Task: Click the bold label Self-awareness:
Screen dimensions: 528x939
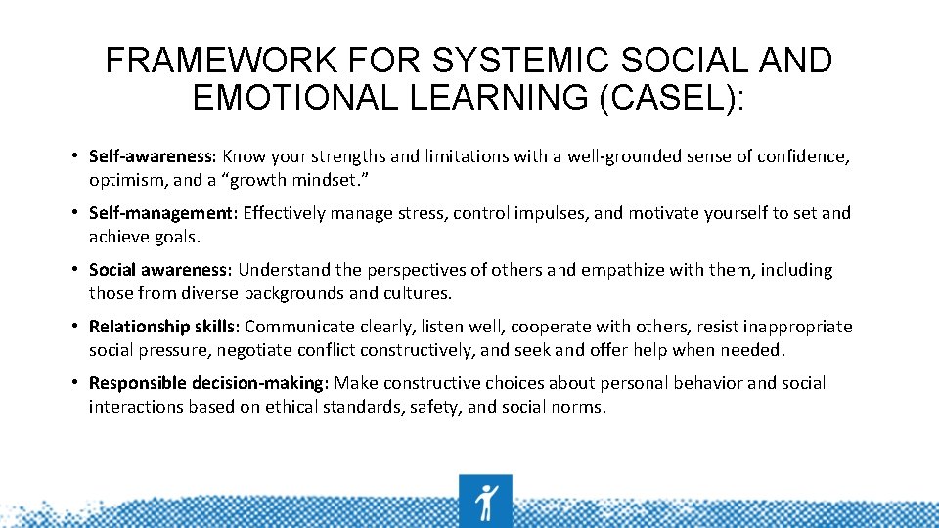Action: (154, 156)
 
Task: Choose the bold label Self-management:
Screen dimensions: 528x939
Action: (163, 213)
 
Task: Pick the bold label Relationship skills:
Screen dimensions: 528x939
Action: (165, 327)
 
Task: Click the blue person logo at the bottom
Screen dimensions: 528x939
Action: (485, 501)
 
